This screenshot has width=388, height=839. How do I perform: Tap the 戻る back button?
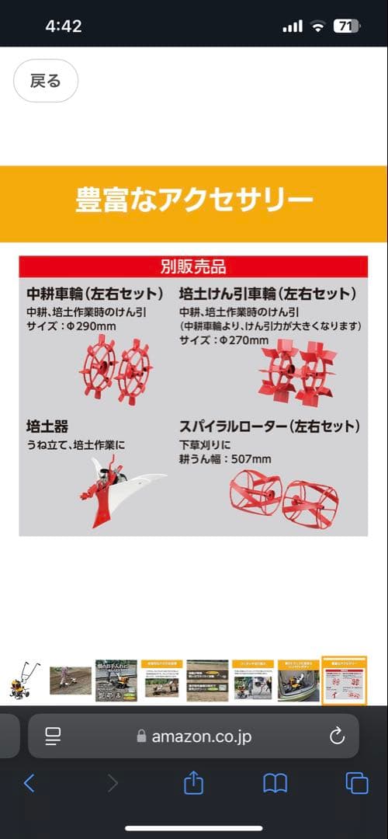click(45, 81)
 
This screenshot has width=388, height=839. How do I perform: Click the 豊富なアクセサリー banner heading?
click(194, 200)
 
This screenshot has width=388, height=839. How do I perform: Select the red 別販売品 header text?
click(193, 267)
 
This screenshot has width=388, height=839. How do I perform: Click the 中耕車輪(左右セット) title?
click(95, 294)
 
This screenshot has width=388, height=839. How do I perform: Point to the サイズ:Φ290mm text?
click(71, 326)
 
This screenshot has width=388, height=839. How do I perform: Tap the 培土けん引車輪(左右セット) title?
click(268, 294)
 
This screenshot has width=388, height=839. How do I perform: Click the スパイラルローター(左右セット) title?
click(269, 426)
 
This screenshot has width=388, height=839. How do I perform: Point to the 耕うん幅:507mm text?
click(225, 459)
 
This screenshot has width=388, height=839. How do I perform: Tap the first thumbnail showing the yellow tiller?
click(23, 681)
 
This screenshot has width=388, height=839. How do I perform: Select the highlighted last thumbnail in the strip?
click(344, 681)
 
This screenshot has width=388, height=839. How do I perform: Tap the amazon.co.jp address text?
click(201, 736)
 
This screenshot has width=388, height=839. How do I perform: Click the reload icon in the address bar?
click(337, 736)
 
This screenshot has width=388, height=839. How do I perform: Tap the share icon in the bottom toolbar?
click(193, 783)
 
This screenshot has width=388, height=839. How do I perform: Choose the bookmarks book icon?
click(275, 783)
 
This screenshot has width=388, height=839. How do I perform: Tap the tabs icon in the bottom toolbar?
click(356, 783)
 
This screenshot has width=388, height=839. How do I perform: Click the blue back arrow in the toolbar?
click(29, 783)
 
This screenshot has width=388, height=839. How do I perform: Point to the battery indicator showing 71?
click(346, 26)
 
